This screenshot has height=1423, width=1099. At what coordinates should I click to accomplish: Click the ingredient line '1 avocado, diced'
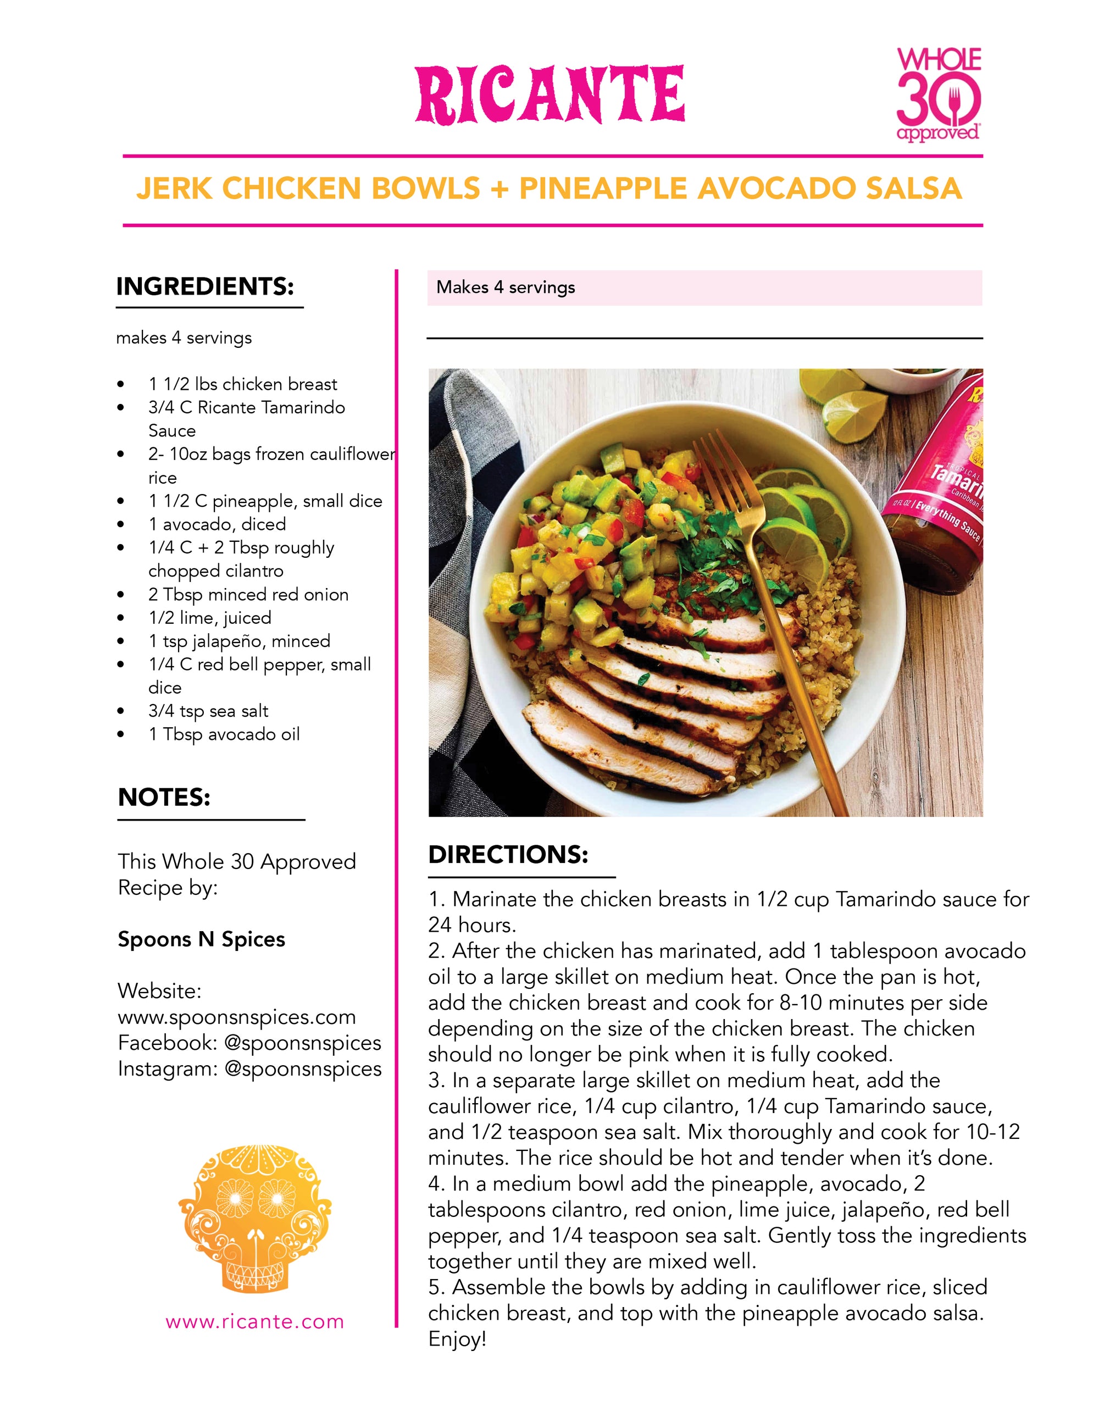(217, 524)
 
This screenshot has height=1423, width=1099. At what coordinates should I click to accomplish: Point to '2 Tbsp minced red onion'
(248, 594)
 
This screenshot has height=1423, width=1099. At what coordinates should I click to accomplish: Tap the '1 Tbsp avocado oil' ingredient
(224, 734)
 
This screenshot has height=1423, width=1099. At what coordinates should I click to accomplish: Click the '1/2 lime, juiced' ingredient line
(210, 618)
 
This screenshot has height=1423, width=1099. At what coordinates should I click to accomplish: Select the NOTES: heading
(164, 798)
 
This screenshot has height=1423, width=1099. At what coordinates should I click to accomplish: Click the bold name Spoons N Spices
(201, 939)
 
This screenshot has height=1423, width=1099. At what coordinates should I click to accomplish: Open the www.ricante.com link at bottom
(255, 1322)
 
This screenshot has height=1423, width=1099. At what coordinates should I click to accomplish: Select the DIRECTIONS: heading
(508, 855)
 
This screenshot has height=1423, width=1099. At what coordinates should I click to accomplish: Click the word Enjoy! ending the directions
(457, 1339)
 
